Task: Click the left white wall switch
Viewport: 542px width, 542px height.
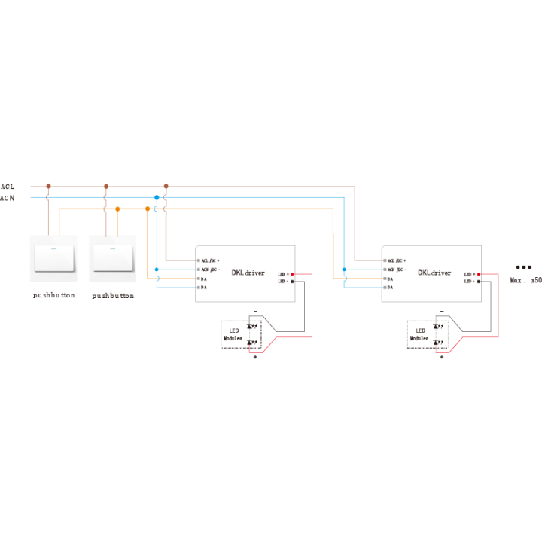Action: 53,258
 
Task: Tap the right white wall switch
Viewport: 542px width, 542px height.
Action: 112,258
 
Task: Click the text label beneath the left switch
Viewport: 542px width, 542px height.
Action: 53,296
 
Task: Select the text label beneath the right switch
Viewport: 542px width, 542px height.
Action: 113,296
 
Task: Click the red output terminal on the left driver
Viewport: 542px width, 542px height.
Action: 293,274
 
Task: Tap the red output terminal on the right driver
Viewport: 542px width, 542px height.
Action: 479,274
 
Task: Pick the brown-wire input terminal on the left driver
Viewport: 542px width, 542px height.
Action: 197,260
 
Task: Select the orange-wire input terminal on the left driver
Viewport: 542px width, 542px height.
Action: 197,279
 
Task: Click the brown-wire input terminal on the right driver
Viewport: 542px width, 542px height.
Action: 384,260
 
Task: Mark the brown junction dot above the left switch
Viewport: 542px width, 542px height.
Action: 48,185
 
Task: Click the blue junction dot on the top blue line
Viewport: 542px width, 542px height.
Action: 157,197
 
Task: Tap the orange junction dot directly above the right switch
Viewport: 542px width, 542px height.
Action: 117,209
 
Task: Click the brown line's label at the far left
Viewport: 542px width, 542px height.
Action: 8,186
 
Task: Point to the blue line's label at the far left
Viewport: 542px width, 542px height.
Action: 8,198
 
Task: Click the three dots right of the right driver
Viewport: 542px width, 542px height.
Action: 524,266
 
